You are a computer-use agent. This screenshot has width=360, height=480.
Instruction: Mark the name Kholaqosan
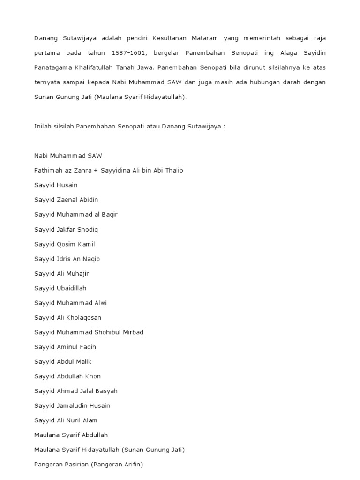click(x=83, y=317)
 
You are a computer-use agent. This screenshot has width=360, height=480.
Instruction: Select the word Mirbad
click(x=134, y=332)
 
